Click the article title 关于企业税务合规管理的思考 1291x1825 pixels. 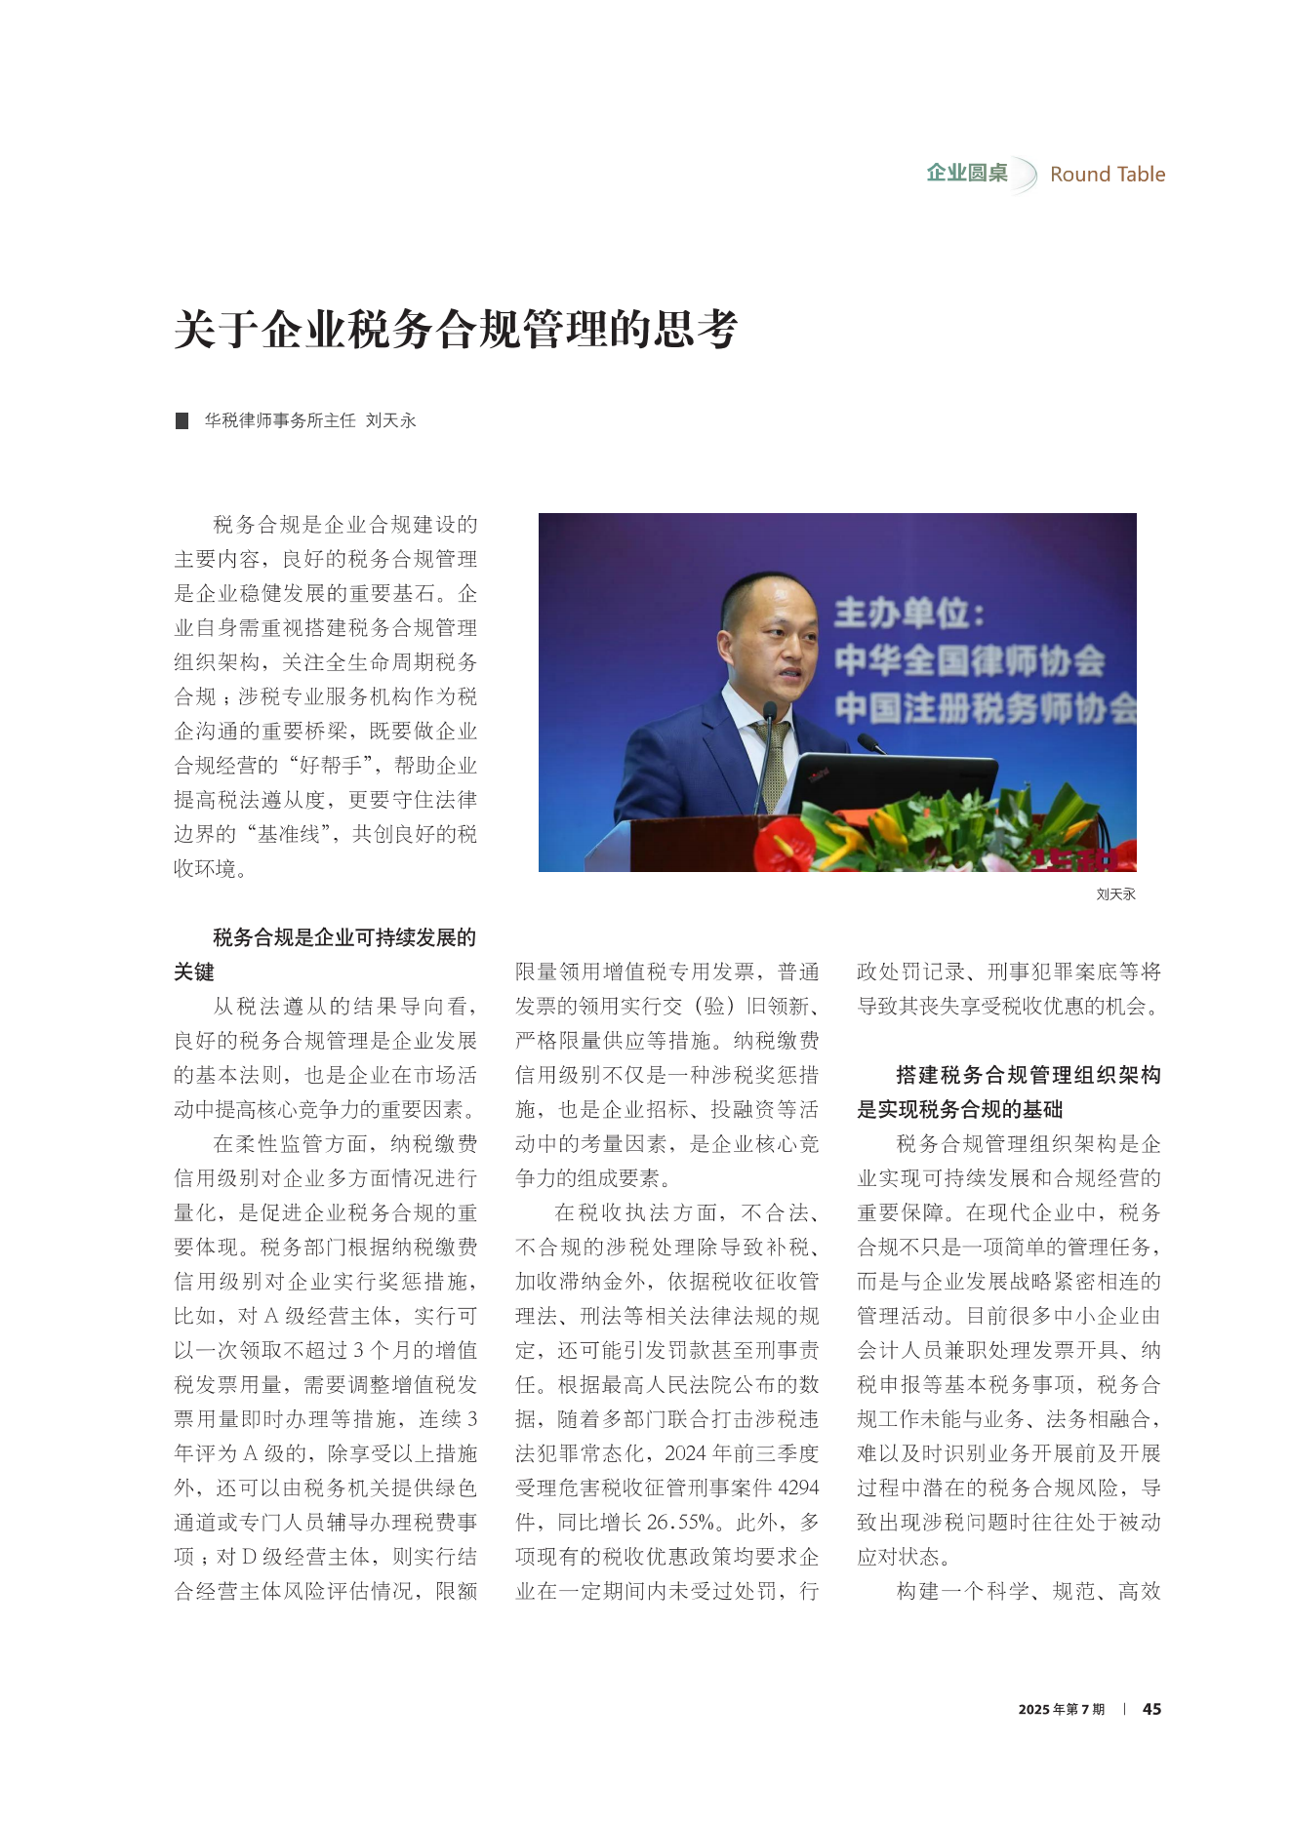click(x=456, y=329)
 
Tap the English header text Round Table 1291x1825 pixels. click(x=1107, y=175)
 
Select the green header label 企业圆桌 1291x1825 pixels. click(x=966, y=174)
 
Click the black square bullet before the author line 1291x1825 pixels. click(x=182, y=421)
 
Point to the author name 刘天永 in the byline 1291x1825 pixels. click(x=391, y=421)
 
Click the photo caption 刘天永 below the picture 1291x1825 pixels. click(x=1115, y=894)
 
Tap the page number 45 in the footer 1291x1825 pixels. click(x=1151, y=1709)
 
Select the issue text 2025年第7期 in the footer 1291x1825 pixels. click(x=1061, y=1710)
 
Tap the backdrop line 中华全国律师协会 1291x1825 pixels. click(x=969, y=660)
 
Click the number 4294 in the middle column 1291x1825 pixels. click(x=798, y=1488)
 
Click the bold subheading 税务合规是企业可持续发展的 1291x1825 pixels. click(x=344, y=938)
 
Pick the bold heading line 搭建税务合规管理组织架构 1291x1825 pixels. click(x=1028, y=1076)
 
